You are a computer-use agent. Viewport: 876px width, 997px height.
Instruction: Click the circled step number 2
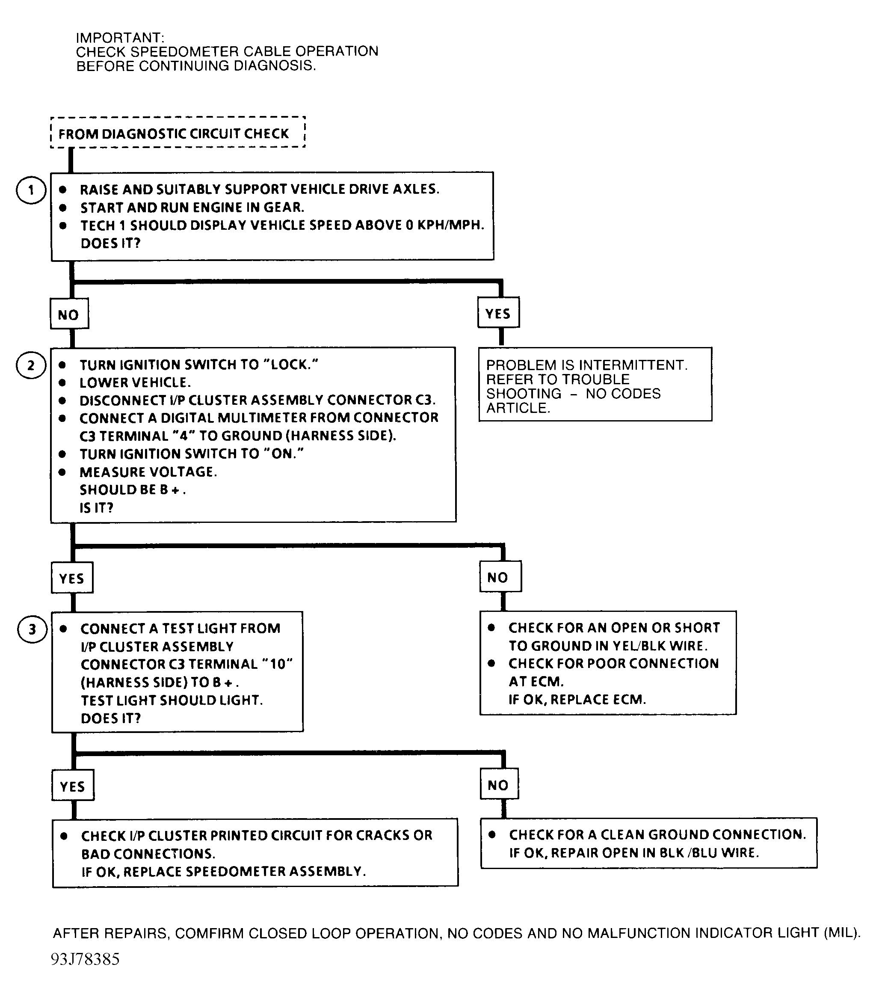point(31,365)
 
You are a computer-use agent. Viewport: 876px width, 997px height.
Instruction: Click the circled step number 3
point(32,629)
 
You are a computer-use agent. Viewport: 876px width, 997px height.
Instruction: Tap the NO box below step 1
point(69,315)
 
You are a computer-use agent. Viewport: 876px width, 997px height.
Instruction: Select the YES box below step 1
point(498,313)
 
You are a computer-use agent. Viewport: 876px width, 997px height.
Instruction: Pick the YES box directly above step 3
point(72,579)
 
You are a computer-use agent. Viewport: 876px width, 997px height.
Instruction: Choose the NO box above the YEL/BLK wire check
point(500,578)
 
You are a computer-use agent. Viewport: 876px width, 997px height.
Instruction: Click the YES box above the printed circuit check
point(73,786)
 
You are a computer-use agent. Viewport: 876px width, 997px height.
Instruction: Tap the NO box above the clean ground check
point(499,785)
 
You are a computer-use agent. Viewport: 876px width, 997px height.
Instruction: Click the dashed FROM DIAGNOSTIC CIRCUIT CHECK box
point(178,133)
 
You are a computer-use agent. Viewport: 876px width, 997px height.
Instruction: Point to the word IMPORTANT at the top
point(120,38)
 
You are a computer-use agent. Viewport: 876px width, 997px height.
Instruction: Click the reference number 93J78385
point(85,959)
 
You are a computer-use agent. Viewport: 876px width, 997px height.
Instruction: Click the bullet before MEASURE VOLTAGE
point(62,472)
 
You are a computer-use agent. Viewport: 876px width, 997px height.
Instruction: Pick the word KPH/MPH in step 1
point(450,226)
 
